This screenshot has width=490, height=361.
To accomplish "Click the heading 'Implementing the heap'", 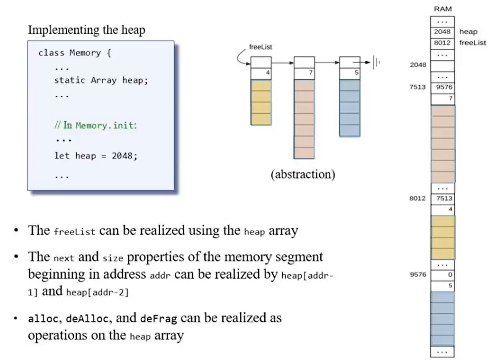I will pyautogui.click(x=86, y=30).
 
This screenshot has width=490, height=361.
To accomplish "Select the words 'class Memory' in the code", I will pyautogui.click(x=70, y=53).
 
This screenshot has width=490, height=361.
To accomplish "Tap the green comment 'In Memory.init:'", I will pyautogui.click(x=95, y=126).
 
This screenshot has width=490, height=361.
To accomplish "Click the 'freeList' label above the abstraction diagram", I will pyautogui.click(x=260, y=47).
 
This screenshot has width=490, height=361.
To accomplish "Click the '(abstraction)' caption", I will pyautogui.click(x=303, y=174).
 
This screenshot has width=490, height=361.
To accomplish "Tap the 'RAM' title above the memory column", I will pyautogui.click(x=442, y=9).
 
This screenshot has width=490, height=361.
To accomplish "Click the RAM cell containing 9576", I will pyautogui.click(x=442, y=87).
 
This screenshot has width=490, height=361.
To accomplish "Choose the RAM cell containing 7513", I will pyautogui.click(x=442, y=199).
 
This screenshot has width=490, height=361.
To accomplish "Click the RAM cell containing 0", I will pyautogui.click(x=442, y=275).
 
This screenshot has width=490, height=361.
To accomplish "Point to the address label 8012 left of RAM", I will pyautogui.click(x=418, y=199).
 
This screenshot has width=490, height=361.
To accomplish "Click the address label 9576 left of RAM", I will pyautogui.click(x=418, y=275).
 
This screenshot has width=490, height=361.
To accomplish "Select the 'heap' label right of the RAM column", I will pyautogui.click(x=468, y=32).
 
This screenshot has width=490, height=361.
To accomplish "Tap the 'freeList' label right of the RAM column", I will pyautogui.click(x=472, y=43).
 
